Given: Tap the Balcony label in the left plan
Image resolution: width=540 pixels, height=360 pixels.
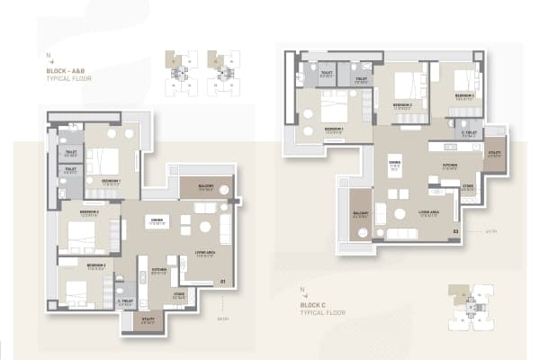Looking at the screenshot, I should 205,186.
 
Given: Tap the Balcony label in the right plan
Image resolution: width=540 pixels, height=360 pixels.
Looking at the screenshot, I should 360,213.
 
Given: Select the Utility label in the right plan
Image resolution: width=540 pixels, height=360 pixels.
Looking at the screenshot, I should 494,153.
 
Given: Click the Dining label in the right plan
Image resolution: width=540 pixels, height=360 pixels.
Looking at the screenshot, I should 394,163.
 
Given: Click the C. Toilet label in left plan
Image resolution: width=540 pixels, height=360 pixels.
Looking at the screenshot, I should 125,301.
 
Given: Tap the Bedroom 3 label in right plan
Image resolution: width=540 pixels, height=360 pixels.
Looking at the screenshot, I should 464,94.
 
